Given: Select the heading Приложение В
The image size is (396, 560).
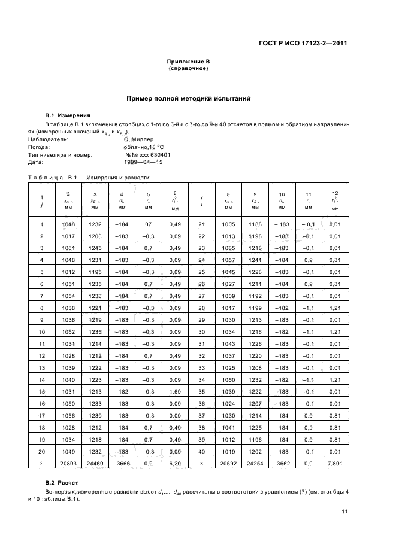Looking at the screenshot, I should tap(188, 62).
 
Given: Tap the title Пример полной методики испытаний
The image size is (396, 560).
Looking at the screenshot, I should tap(188, 97).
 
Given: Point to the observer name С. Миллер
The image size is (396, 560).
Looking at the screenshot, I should tap(141, 139).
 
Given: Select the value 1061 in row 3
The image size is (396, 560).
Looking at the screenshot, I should tap(68, 248).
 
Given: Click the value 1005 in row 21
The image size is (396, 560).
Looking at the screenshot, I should tap(228, 224).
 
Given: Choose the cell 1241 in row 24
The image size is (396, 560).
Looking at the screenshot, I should tap(255, 260).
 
